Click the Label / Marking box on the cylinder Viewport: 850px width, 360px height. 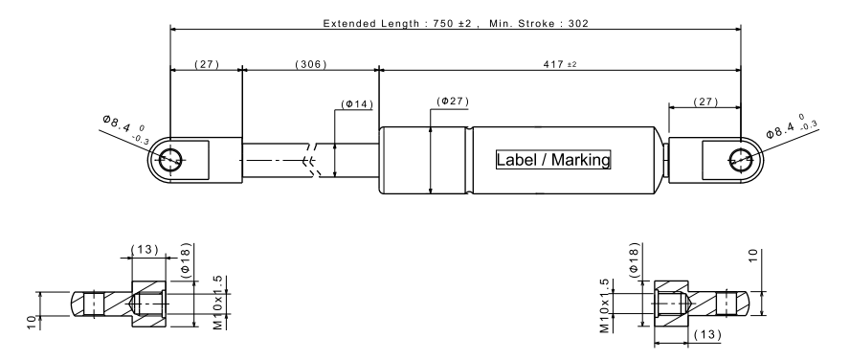[553, 160]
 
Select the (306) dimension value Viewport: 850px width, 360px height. [311, 64]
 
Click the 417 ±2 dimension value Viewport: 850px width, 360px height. [560, 64]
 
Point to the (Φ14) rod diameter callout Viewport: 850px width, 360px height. [357, 104]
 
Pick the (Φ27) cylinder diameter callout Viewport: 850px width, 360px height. [453, 101]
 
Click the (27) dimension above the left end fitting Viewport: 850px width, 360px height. [207, 64]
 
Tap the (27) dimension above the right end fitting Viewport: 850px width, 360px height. [705, 101]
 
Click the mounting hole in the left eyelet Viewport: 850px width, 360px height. [170, 160]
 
